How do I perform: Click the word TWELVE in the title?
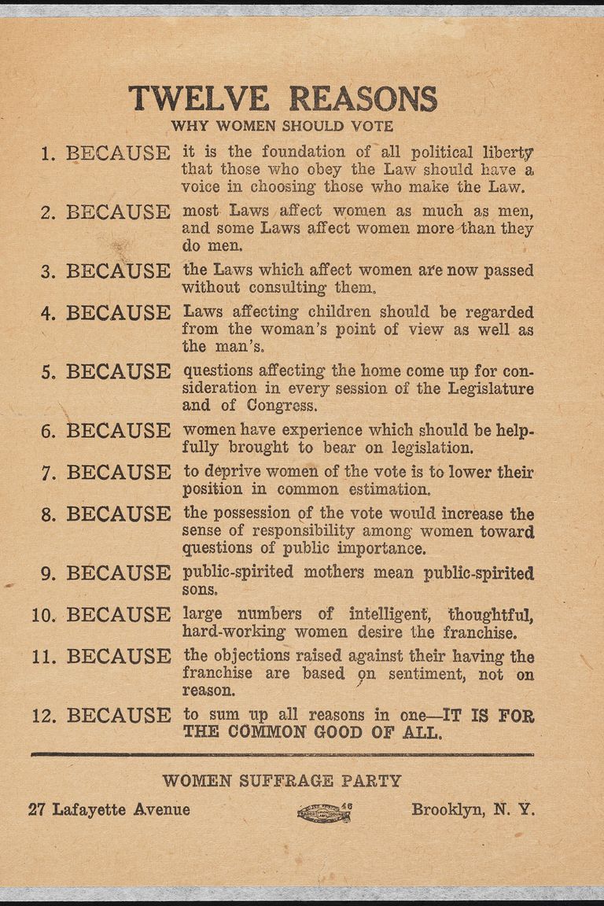pos(199,98)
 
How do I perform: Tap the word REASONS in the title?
pos(363,98)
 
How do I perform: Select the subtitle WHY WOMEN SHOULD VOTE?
pos(282,125)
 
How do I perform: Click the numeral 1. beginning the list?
pos(48,153)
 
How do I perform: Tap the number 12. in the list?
pos(45,716)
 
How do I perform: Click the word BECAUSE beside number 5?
pos(118,371)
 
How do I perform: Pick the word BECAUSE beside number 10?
pos(118,615)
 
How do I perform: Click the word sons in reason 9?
pos(199,589)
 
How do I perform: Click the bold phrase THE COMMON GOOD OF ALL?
pos(312,732)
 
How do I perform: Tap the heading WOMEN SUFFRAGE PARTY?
pos(282,781)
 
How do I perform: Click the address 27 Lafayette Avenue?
pos(109,809)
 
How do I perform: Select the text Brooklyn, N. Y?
pos(473,809)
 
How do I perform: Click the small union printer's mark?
pos(323,812)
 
